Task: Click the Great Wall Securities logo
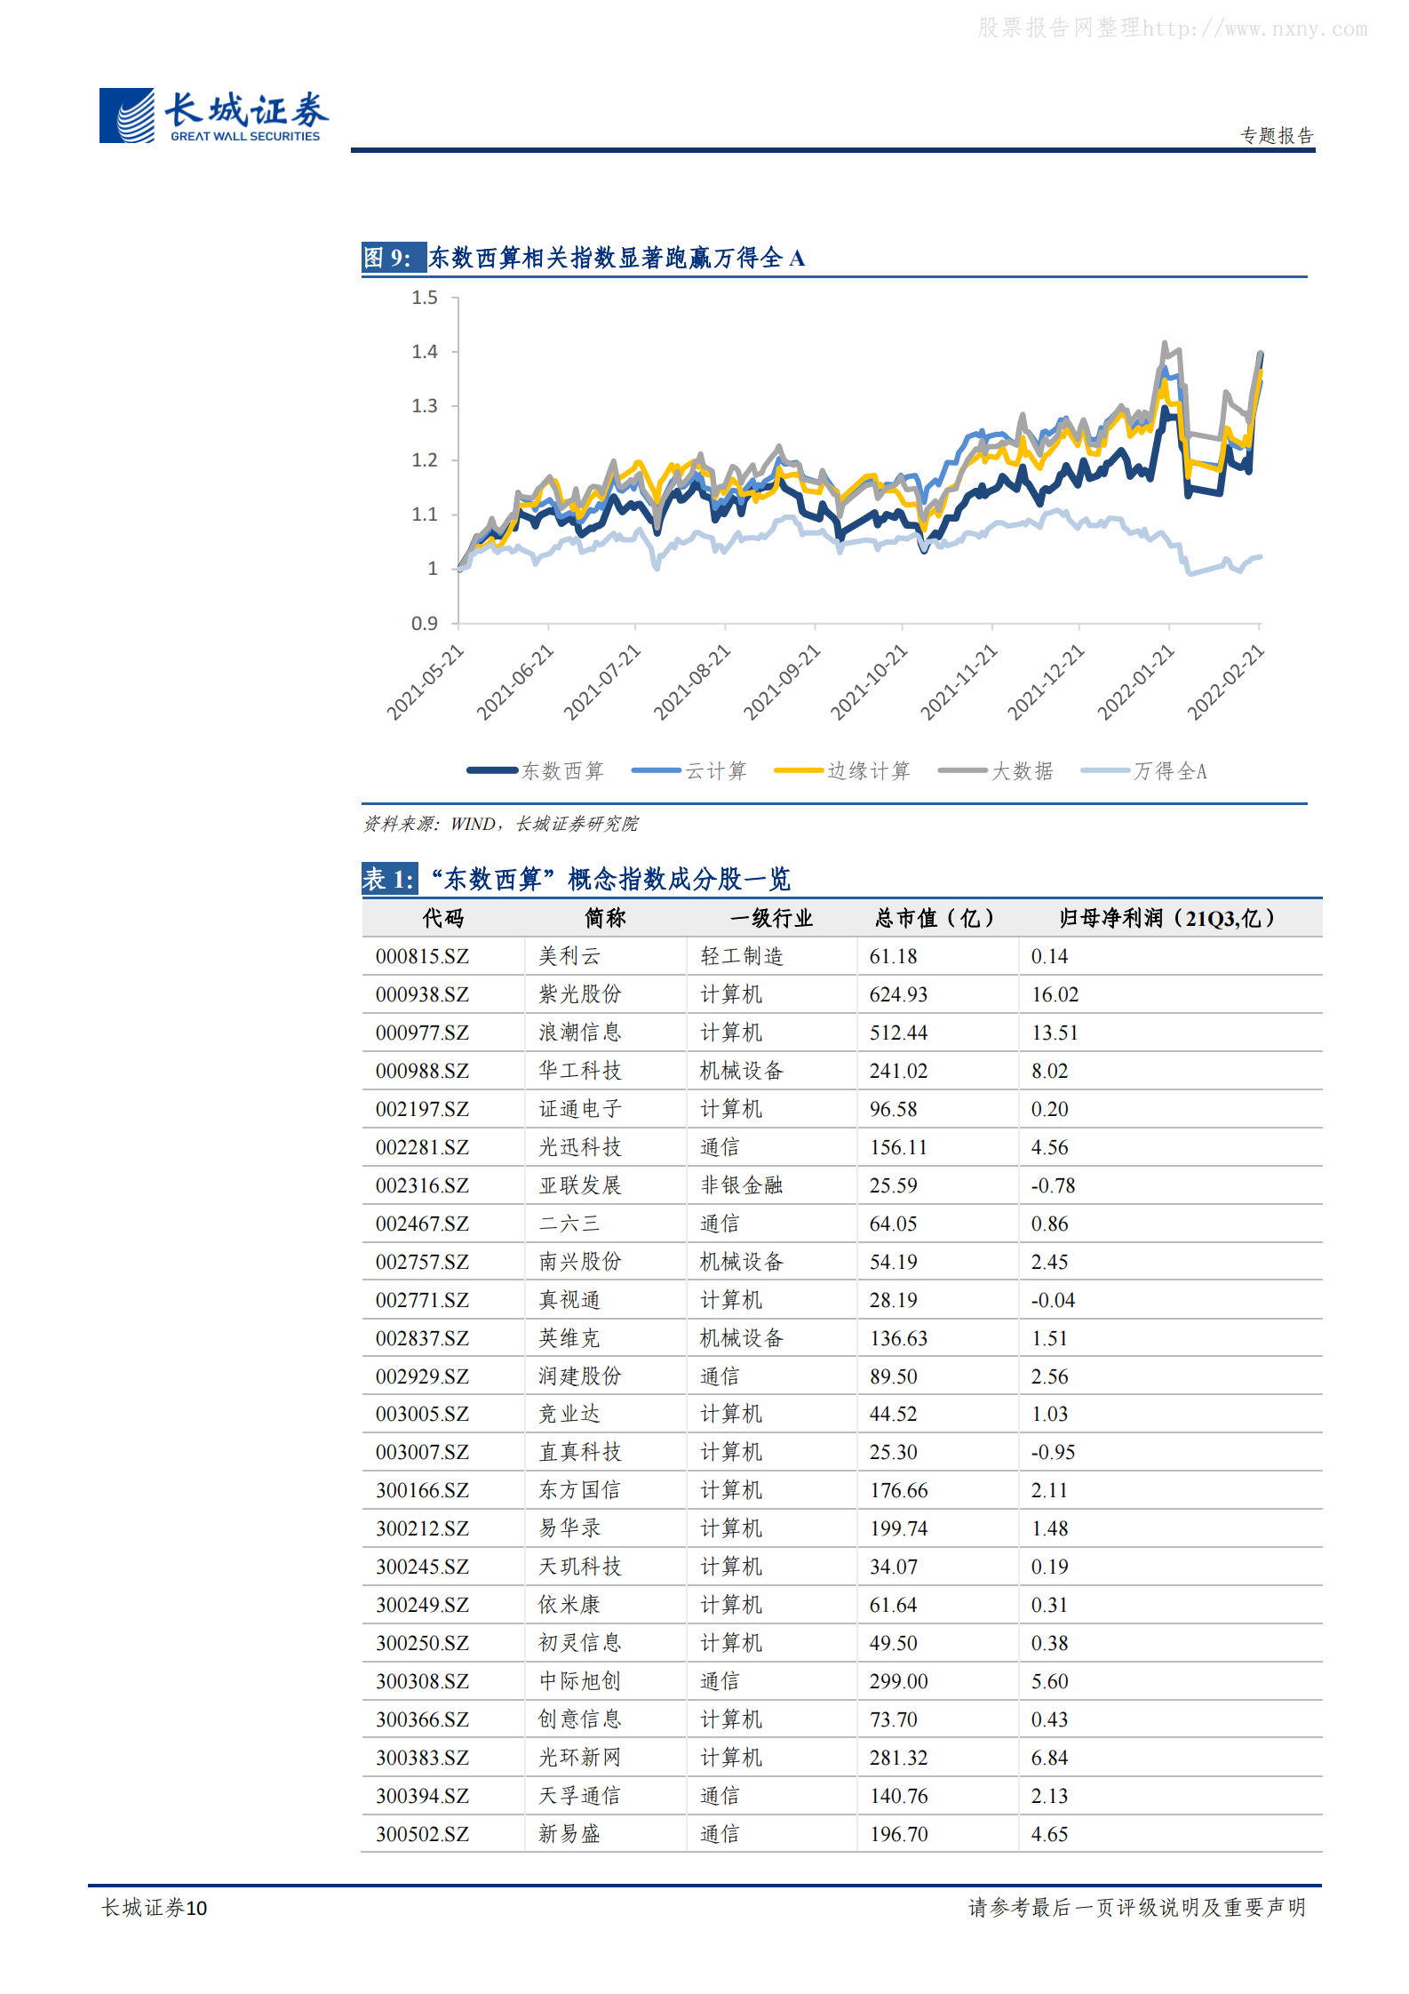click(x=214, y=116)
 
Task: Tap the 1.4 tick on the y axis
click(x=425, y=352)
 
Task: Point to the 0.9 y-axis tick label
click(x=425, y=624)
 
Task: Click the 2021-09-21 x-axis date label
click(x=783, y=682)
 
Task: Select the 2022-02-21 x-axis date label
click(x=1226, y=682)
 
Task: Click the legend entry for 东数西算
click(x=536, y=770)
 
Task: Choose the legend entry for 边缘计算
click(x=842, y=770)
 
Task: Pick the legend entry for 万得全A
click(x=1144, y=770)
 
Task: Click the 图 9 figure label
click(x=388, y=258)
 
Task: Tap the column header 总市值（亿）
click(x=935, y=918)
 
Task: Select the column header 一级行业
click(x=771, y=918)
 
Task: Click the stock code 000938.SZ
click(x=422, y=994)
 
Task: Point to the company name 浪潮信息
click(x=579, y=1033)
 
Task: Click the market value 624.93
click(x=898, y=994)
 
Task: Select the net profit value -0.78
click(x=1053, y=1185)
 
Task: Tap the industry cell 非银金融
click(x=741, y=1185)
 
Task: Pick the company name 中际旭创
click(x=579, y=1681)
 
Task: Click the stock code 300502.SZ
click(x=422, y=1834)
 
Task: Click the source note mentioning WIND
click(x=500, y=824)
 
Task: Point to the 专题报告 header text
click(x=1277, y=135)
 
